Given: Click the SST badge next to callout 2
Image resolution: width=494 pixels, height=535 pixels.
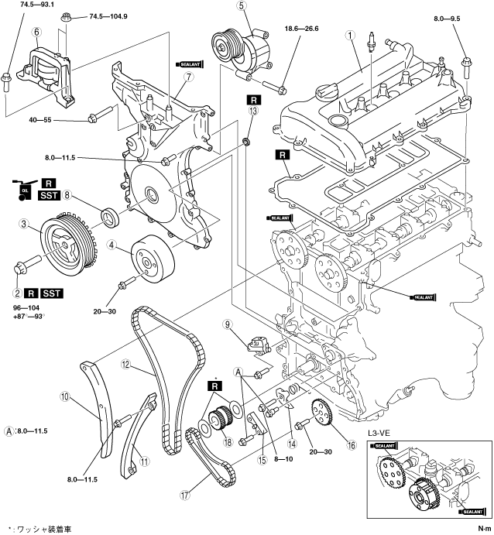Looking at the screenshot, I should tap(53, 293).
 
